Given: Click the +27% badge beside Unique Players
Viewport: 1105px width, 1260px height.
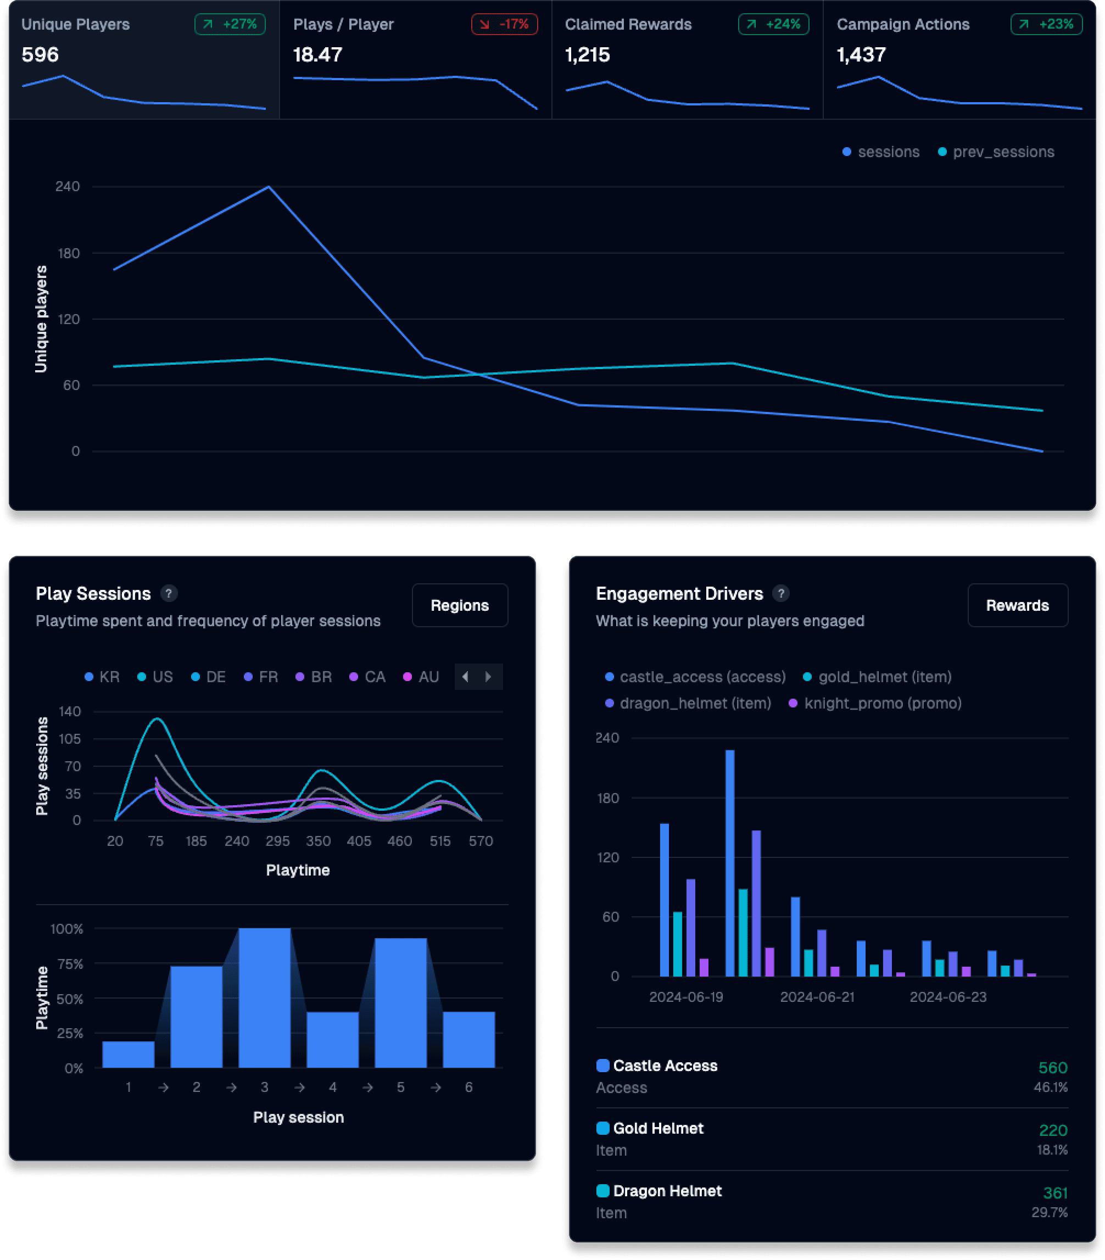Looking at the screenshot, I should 230,24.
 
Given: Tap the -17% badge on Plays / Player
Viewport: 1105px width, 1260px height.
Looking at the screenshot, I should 504,24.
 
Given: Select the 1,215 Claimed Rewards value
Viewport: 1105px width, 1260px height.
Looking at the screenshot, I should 587,55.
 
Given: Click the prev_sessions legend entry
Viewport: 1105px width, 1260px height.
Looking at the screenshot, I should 996,152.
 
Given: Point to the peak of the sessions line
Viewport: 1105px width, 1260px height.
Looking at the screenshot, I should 269,187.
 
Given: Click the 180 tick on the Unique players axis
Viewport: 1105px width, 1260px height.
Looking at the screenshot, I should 68,253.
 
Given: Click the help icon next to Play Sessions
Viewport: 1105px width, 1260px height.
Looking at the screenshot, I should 168,593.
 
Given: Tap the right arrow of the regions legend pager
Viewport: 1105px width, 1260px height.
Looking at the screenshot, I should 489,677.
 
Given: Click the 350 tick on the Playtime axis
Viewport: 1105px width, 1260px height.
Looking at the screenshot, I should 319,841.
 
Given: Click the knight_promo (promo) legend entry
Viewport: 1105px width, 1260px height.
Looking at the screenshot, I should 875,704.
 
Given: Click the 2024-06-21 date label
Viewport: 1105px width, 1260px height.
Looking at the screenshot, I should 817,997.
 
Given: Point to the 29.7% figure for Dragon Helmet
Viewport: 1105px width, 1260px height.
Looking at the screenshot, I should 1049,1213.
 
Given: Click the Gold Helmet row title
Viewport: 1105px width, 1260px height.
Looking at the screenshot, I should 657,1128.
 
